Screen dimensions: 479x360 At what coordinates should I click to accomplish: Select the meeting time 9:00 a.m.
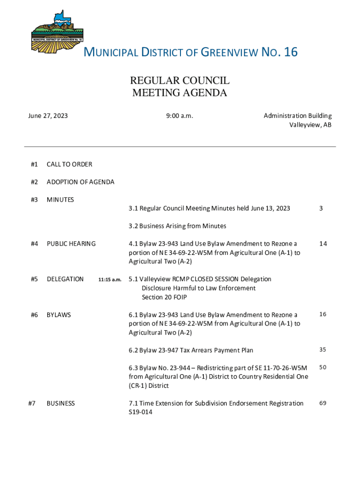(x=180, y=116)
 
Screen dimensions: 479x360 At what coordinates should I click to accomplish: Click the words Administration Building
(x=297, y=116)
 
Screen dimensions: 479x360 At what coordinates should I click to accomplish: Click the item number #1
(x=34, y=164)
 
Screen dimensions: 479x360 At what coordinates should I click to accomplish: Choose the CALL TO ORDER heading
(x=69, y=164)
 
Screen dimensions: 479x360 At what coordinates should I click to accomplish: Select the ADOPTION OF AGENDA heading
(x=80, y=182)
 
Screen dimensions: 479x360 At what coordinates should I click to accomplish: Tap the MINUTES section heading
(x=60, y=200)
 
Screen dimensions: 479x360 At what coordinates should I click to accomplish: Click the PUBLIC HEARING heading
(x=71, y=244)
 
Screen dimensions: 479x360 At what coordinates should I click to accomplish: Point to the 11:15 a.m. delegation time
(x=110, y=280)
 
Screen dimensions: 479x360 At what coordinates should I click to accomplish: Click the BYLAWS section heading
(x=59, y=315)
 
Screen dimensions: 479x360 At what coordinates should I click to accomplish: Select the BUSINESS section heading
(x=61, y=403)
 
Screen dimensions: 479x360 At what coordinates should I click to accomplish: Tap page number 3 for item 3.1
(x=321, y=208)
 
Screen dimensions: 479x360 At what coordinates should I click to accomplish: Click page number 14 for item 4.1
(x=323, y=244)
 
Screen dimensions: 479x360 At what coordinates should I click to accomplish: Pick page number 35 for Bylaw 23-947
(x=323, y=349)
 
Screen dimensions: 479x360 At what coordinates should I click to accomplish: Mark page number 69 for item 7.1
(x=323, y=403)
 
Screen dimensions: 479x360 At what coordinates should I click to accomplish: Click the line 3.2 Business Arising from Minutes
(x=178, y=226)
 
